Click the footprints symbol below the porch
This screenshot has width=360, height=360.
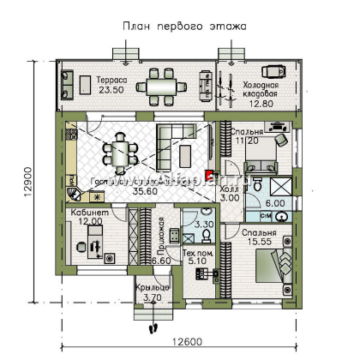coord(154,326)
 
